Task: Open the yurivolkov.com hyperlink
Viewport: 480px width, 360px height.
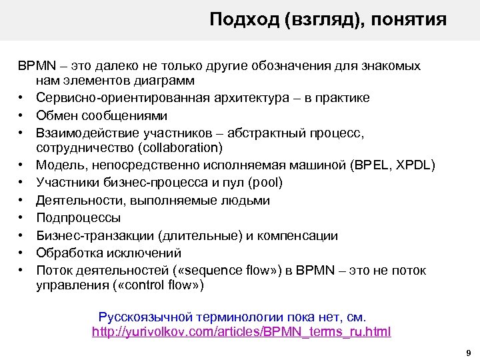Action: (241, 331)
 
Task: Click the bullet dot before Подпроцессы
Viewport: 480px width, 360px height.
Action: (22, 218)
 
